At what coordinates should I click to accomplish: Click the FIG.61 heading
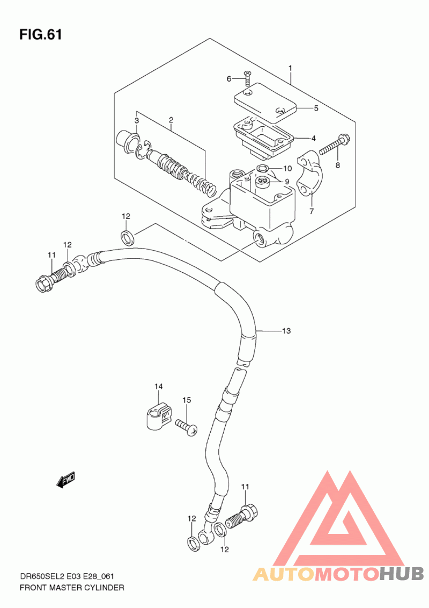pyautogui.click(x=41, y=35)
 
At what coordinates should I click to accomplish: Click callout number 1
pyautogui.click(x=290, y=69)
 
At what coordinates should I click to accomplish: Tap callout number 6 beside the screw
pyautogui.click(x=229, y=79)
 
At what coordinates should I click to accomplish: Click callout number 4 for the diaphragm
pyautogui.click(x=314, y=139)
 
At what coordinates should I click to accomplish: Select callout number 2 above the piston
pyautogui.click(x=171, y=120)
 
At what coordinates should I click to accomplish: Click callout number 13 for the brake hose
pyautogui.click(x=286, y=331)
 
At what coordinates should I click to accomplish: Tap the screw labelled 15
pyautogui.click(x=186, y=427)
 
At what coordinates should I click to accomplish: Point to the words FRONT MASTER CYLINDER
pyautogui.click(x=72, y=588)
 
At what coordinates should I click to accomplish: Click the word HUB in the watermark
pyautogui.click(x=401, y=574)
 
